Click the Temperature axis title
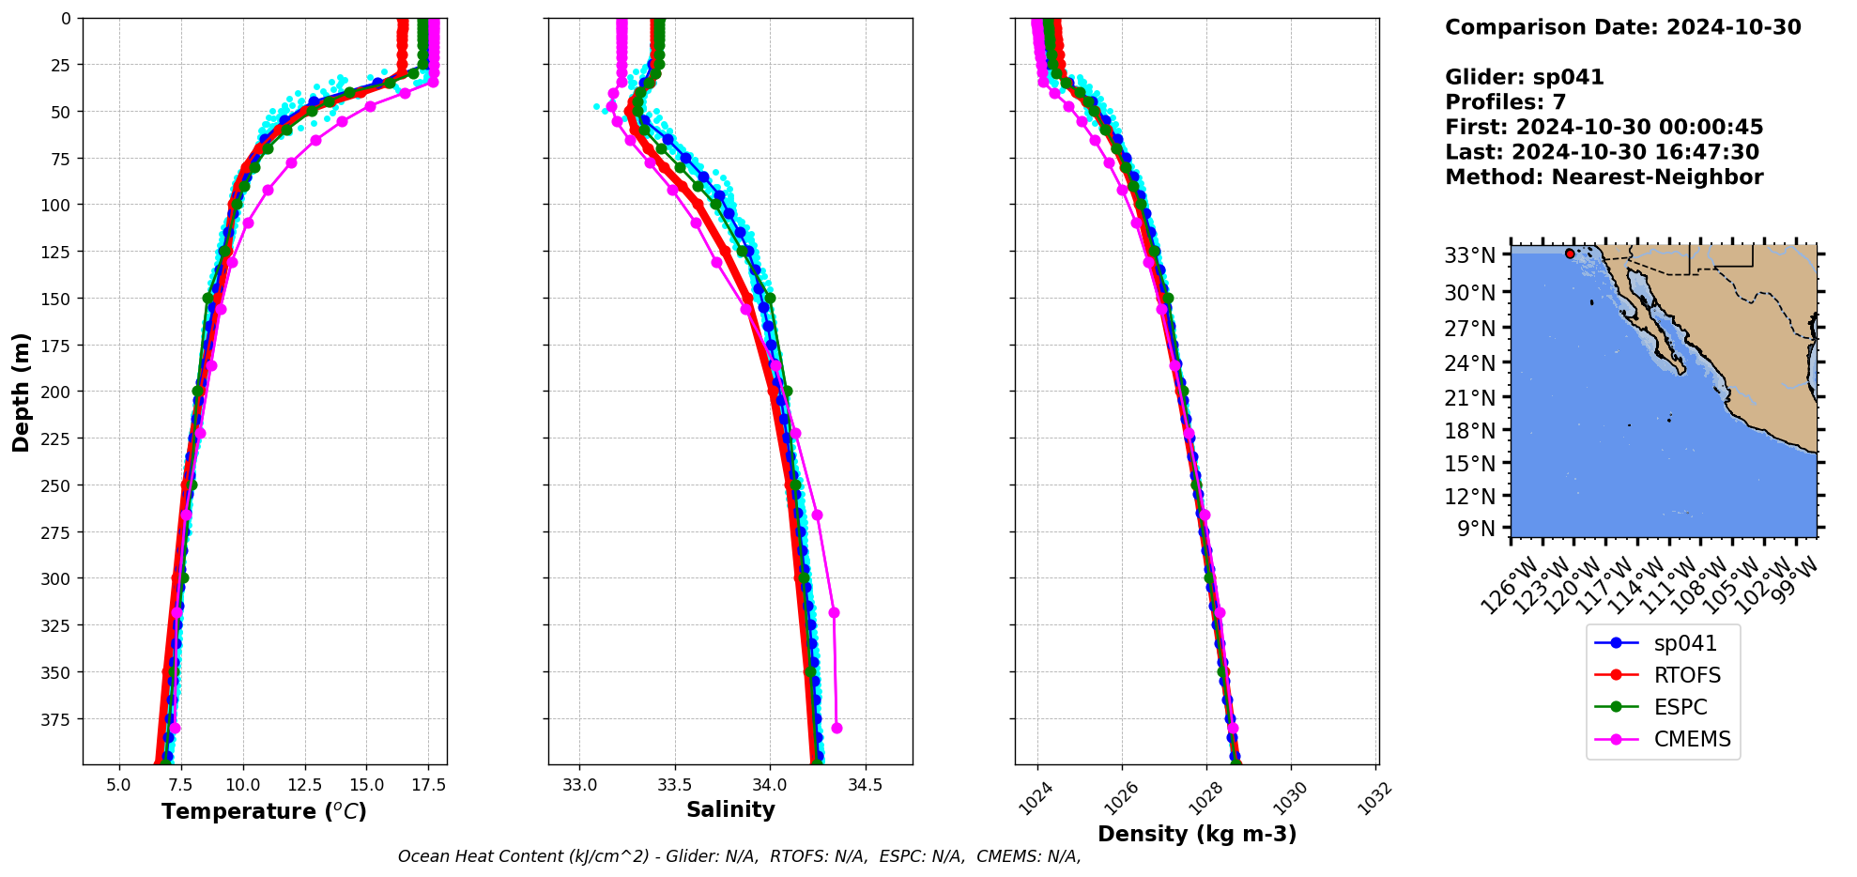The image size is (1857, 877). (264, 811)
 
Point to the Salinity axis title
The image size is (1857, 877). (730, 809)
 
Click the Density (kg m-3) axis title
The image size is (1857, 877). (1197, 834)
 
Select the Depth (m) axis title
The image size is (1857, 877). (21, 392)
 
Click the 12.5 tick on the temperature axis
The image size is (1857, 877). (304, 785)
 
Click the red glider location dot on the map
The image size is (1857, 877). (1570, 254)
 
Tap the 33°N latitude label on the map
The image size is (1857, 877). (1469, 255)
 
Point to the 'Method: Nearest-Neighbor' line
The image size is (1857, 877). (1604, 177)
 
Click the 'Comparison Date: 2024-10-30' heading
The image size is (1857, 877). (1622, 27)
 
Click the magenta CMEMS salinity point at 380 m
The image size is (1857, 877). (836, 728)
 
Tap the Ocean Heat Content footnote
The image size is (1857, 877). (739, 856)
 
